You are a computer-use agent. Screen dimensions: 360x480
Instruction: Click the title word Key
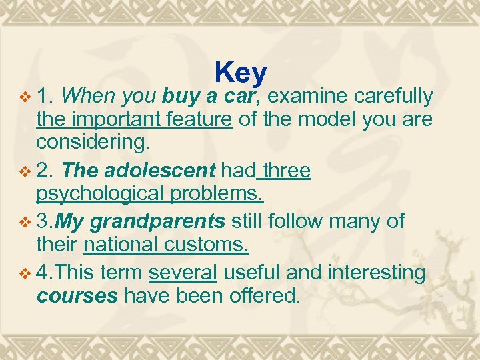tap(241, 73)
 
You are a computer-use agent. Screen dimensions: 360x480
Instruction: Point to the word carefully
tap(394, 97)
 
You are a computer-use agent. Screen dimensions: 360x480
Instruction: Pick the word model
tap(327, 121)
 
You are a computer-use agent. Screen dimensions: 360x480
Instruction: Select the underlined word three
tap(285, 171)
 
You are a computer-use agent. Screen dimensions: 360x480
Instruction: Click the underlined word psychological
tap(99, 195)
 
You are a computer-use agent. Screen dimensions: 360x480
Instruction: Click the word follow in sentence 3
tap(299, 221)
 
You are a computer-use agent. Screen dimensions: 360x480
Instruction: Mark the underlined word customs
tap(205, 245)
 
